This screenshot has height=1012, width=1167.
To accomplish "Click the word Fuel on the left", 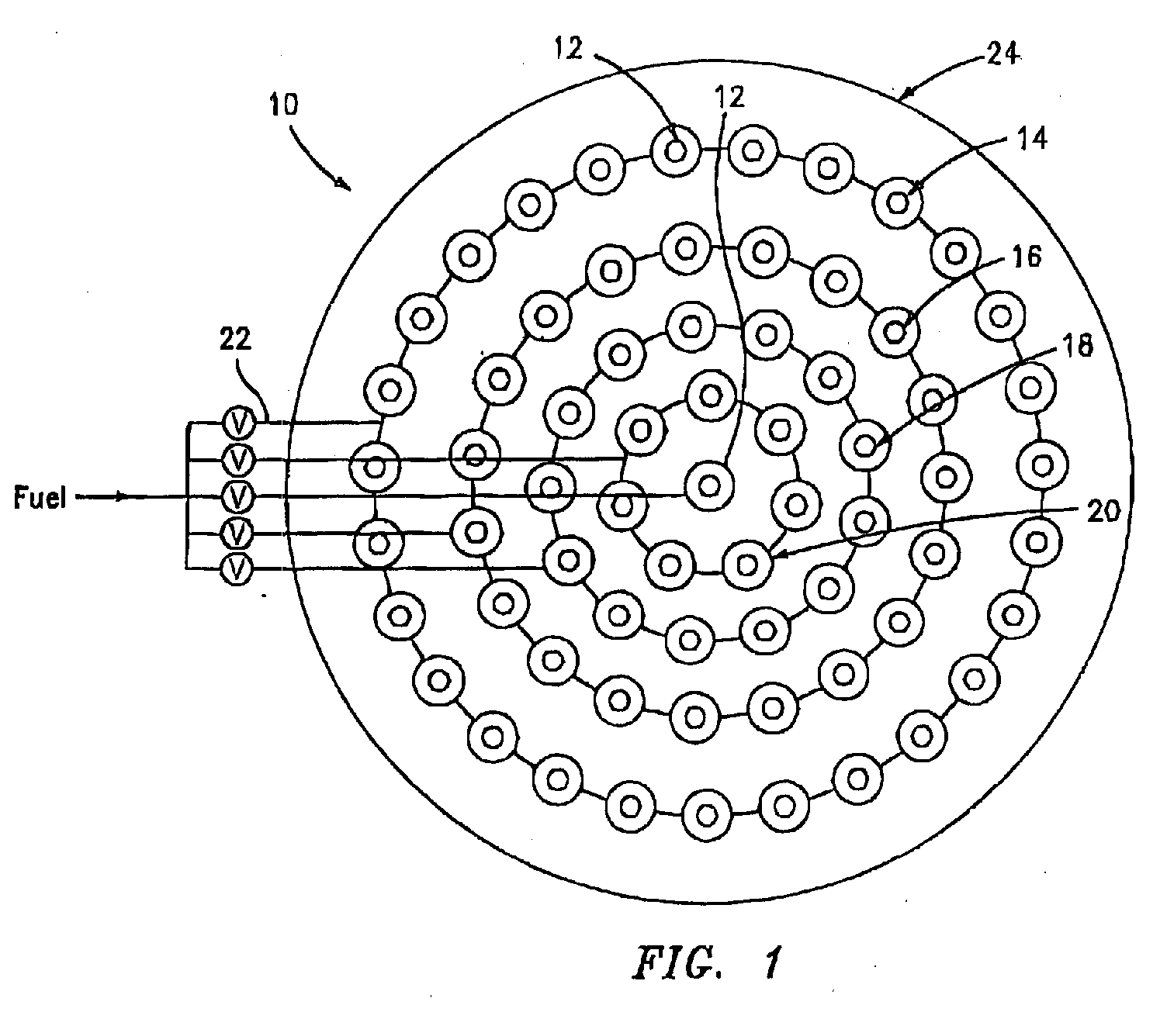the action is click(x=40, y=497).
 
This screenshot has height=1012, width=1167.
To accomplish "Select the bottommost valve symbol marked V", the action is click(x=236, y=568).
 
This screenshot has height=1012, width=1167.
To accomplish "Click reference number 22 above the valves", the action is click(x=236, y=340).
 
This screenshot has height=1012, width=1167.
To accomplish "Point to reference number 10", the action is click(x=283, y=105).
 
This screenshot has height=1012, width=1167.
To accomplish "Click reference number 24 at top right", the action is click(x=1003, y=54).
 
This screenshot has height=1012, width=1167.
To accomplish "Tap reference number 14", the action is click(x=1031, y=139).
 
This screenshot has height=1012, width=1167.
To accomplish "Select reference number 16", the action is click(x=1027, y=256).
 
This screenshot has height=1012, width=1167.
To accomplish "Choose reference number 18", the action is click(x=1077, y=345).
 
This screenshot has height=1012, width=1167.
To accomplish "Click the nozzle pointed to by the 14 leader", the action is click(x=898, y=203).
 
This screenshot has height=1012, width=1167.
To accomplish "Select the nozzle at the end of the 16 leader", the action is click(x=895, y=332).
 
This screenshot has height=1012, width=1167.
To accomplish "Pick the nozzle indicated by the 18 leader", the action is click(x=865, y=446).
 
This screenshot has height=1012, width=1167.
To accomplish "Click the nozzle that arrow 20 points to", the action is click(x=746, y=564).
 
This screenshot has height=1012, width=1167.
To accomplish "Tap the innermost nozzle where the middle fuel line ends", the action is click(x=709, y=485).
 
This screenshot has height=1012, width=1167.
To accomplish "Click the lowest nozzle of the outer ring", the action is click(x=707, y=815).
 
